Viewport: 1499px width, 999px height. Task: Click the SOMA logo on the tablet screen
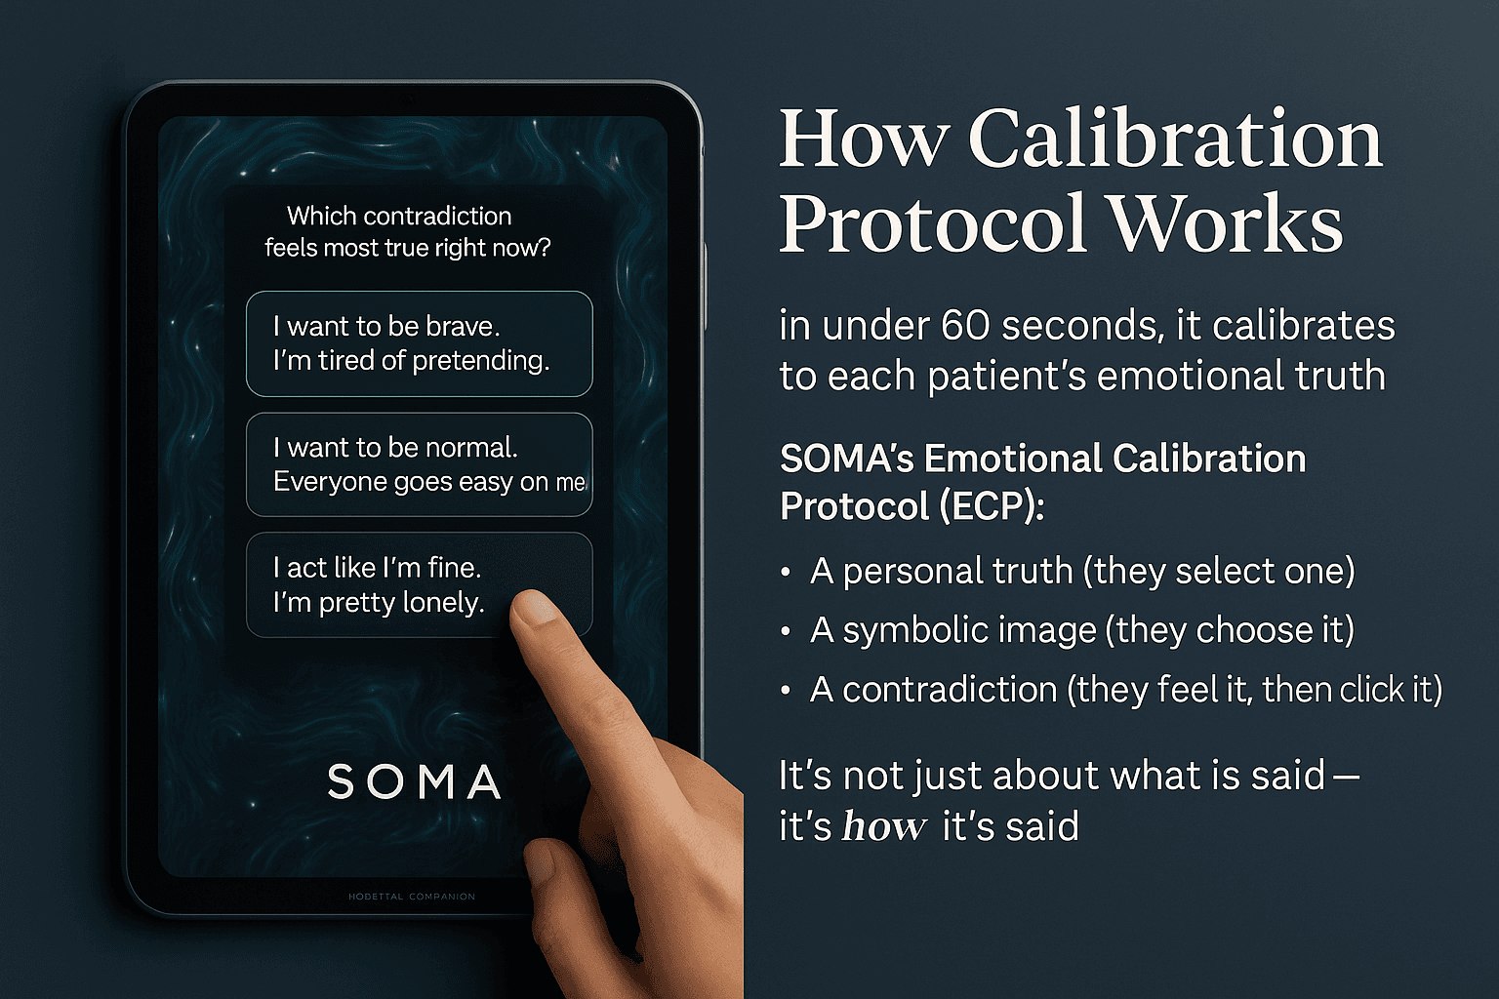tap(414, 782)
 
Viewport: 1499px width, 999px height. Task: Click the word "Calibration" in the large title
tap(1175, 140)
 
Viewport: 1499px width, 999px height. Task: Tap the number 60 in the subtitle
tap(965, 326)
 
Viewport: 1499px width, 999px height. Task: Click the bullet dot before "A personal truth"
tap(786, 573)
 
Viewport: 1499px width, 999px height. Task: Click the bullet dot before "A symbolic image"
tap(786, 632)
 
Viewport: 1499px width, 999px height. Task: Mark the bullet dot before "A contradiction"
tap(786, 691)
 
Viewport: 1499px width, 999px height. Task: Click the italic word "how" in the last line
tap(884, 826)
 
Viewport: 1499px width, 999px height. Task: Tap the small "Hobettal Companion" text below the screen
tap(412, 896)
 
